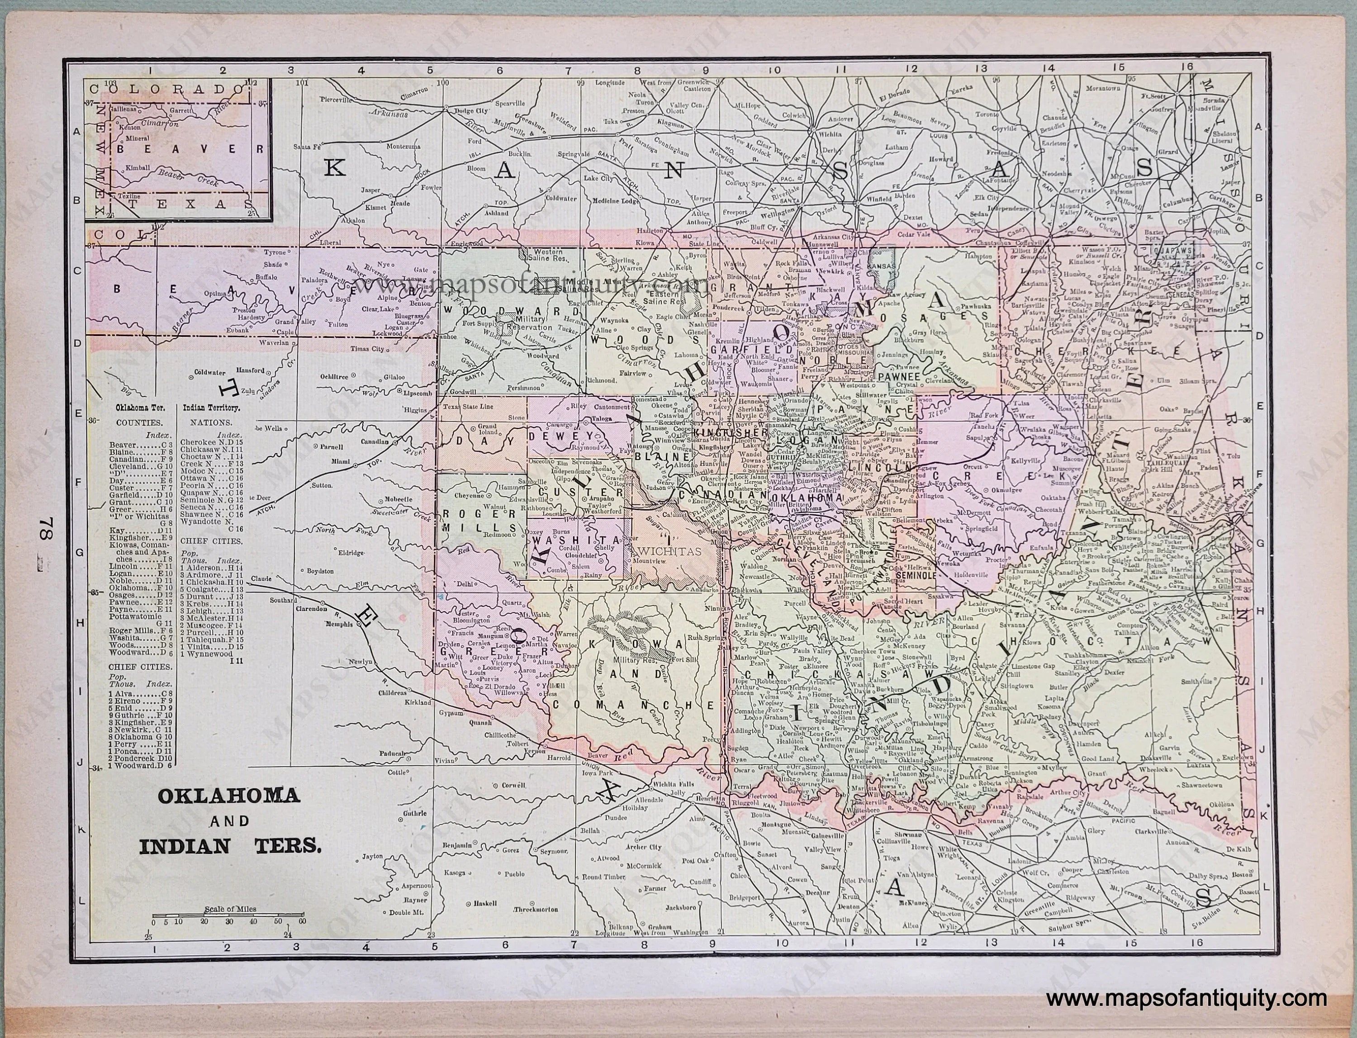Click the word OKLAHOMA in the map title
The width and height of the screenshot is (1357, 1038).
[228, 796]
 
